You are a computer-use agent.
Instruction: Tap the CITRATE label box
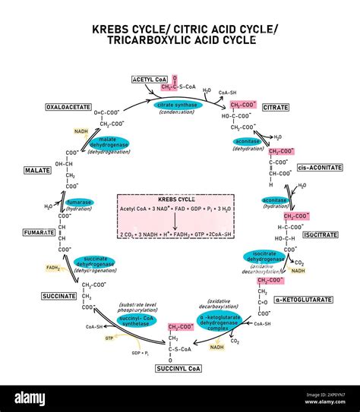[276, 108]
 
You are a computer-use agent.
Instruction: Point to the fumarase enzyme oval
[80, 203]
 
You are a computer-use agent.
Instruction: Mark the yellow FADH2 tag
[53, 268]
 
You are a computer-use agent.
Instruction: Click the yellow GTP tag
[109, 338]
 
